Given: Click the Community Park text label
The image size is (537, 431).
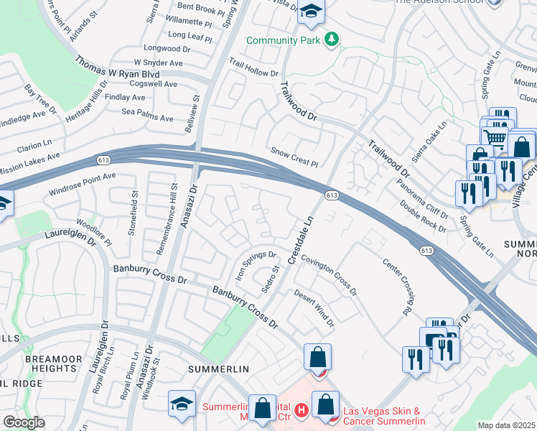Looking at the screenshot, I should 283,40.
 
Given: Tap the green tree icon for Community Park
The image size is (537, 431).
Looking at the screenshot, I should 331,39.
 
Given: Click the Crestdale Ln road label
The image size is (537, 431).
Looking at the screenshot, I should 302,239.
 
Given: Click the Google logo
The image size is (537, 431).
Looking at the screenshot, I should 23,422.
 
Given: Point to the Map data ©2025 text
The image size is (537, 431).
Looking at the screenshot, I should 506,425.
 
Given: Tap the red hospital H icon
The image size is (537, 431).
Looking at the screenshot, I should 302,410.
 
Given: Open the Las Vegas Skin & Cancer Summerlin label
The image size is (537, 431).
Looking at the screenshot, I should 384,416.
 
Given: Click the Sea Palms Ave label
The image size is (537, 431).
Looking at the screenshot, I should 147,115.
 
